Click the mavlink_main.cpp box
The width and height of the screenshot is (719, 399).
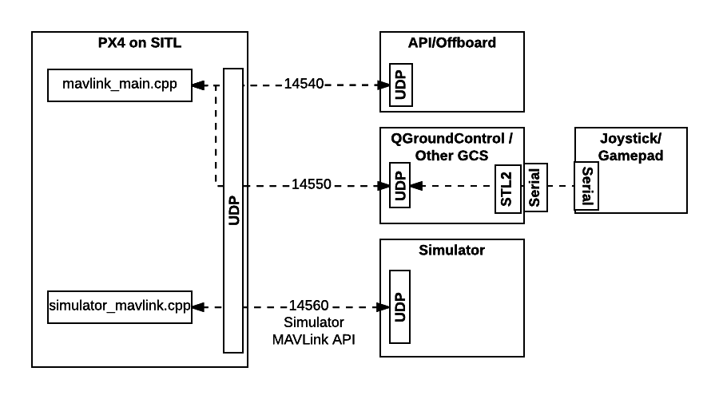[120, 85]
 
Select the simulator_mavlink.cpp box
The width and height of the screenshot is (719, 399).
[120, 307]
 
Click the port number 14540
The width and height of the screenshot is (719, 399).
[304, 84]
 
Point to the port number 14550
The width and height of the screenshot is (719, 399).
[311, 185]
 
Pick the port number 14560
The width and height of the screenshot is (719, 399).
[309, 306]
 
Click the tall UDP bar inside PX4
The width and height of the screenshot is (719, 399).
[233, 210]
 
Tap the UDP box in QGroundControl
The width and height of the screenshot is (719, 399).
[399, 185]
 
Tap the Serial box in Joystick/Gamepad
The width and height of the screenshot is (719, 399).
[587, 187]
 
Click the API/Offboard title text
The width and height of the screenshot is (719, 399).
[451, 43]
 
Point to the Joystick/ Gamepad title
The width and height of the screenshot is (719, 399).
[631, 148]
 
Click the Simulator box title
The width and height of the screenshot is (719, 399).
[451, 251]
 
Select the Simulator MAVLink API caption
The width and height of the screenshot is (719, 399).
[314, 331]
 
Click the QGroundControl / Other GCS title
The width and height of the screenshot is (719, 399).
[451, 147]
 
